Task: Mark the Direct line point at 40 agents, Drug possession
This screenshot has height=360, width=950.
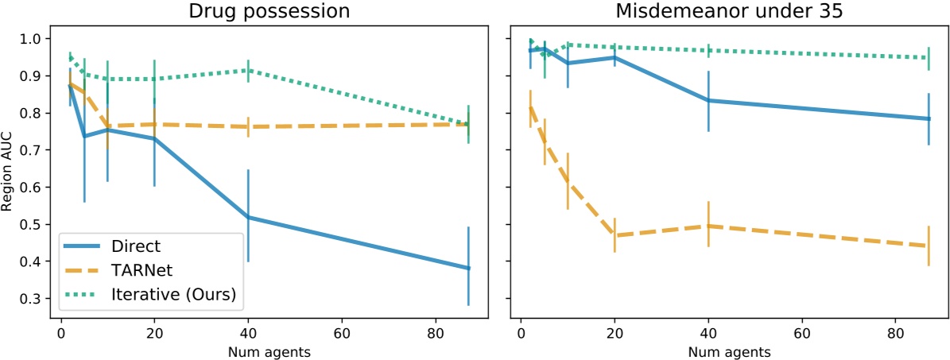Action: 248,217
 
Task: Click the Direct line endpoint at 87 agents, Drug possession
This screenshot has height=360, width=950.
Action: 468,268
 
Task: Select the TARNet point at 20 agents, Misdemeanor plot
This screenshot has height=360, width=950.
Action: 615,235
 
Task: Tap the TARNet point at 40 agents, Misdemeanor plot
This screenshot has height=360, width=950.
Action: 708,226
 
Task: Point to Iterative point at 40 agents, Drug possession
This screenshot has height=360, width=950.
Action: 248,70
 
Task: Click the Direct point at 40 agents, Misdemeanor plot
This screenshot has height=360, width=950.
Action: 708,100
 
